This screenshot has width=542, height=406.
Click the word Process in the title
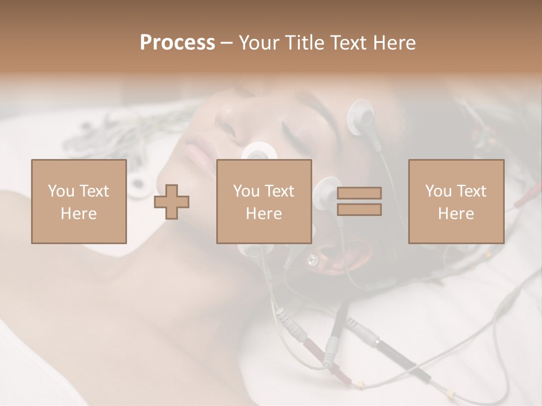coord(177,43)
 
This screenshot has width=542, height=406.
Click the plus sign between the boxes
coord(172,202)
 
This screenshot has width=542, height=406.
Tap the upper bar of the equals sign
coord(359,193)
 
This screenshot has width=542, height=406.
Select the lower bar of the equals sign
coord(359,210)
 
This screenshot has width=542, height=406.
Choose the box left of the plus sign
coord(78,201)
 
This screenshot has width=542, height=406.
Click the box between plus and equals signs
coord(264,201)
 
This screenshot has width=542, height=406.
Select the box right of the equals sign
coord(456,201)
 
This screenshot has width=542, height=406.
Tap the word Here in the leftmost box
coord(78,213)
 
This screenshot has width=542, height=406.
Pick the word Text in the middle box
coord(281,191)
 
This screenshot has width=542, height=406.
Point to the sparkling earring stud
coord(312,259)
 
